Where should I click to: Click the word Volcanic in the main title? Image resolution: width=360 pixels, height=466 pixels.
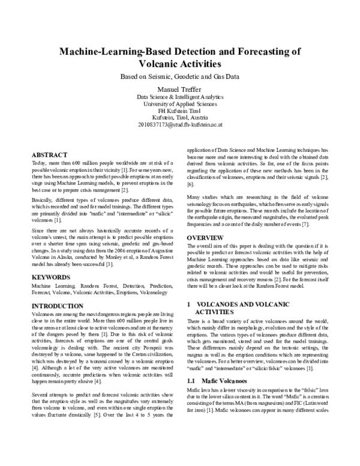pyautogui.click(x=164, y=64)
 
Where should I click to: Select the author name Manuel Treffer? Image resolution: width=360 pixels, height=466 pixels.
pyautogui.click(x=180, y=89)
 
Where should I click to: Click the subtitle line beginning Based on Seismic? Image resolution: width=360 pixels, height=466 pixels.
pyautogui.click(x=180, y=77)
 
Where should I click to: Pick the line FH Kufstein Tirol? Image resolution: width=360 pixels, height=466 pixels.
pyautogui.click(x=180, y=112)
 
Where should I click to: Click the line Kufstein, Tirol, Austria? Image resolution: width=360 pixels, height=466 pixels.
pyautogui.click(x=180, y=118)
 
